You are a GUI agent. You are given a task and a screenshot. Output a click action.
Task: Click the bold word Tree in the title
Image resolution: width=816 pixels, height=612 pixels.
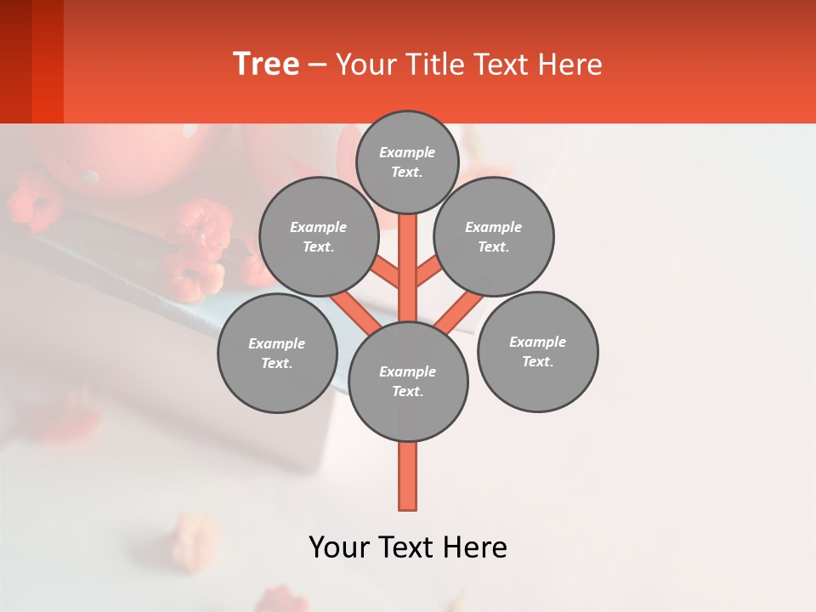pos(266,65)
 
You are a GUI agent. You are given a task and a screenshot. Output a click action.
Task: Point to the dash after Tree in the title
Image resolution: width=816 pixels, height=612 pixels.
pos(318,65)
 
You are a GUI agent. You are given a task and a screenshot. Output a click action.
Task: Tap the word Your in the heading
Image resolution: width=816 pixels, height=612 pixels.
pos(364,65)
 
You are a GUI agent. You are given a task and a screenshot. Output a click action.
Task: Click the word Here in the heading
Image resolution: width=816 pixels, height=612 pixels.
pos(569,65)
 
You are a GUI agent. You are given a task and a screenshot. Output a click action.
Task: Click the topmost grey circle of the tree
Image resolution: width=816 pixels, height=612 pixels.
pos(407,161)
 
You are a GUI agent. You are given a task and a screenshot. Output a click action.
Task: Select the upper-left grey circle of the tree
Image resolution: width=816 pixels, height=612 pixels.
pos(318,236)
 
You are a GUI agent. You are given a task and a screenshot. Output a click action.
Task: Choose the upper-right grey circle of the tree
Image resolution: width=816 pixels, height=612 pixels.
pos(494,236)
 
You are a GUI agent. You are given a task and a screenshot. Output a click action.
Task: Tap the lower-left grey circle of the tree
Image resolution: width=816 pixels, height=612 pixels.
pos(277,353)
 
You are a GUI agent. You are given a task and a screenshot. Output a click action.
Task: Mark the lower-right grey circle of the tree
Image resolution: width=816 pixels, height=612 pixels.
pos(537,351)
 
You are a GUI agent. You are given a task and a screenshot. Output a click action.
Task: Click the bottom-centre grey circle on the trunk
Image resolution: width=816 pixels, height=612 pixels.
pos(408,381)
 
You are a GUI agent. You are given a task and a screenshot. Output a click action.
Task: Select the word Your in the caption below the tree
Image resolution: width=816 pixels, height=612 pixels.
pos(337,547)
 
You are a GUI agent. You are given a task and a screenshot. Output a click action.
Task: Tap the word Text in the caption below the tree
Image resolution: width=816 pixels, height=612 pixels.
pos(404,547)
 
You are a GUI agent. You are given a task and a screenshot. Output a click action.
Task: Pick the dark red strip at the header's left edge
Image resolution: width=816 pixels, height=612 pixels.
pos(15,61)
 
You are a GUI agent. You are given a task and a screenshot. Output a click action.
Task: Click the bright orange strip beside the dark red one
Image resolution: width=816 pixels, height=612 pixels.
pos(48,61)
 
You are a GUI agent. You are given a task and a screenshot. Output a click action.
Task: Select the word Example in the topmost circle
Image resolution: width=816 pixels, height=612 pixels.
pos(407,152)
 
